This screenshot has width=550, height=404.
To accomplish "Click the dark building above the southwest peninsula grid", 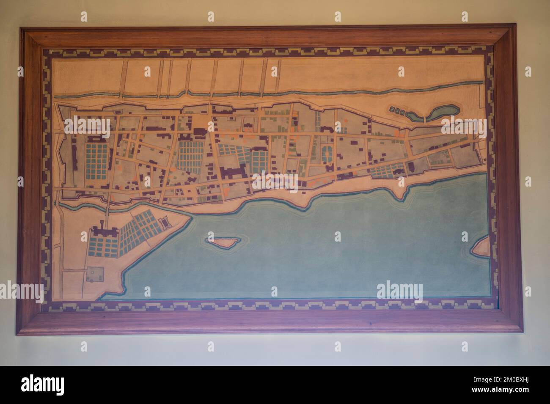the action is point(103,232).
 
